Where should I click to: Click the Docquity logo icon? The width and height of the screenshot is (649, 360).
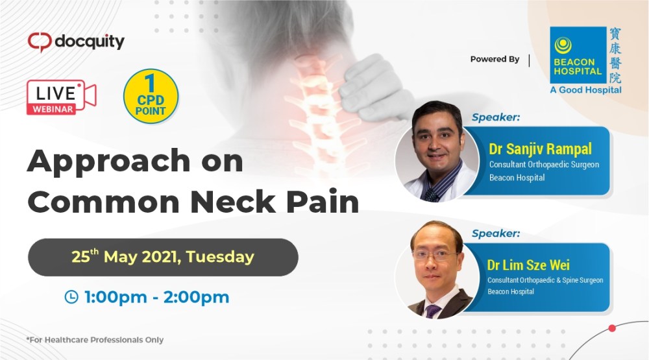click(x=38, y=42)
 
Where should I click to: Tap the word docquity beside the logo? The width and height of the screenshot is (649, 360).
click(x=89, y=42)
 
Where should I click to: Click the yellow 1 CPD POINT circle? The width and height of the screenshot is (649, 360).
click(x=151, y=95)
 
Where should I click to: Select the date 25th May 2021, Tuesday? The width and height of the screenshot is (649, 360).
click(x=162, y=257)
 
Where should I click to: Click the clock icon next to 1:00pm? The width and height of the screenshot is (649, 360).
click(x=71, y=297)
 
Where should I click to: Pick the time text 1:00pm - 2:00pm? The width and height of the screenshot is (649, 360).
click(x=156, y=297)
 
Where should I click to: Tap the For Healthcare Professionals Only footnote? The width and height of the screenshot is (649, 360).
click(x=95, y=339)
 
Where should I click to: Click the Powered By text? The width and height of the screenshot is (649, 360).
click(x=495, y=59)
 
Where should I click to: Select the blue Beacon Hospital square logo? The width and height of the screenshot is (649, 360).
click(x=574, y=56)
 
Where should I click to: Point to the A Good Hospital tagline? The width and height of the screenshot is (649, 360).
click(x=585, y=90)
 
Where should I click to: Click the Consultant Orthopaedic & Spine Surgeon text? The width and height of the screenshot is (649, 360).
click(x=545, y=280)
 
